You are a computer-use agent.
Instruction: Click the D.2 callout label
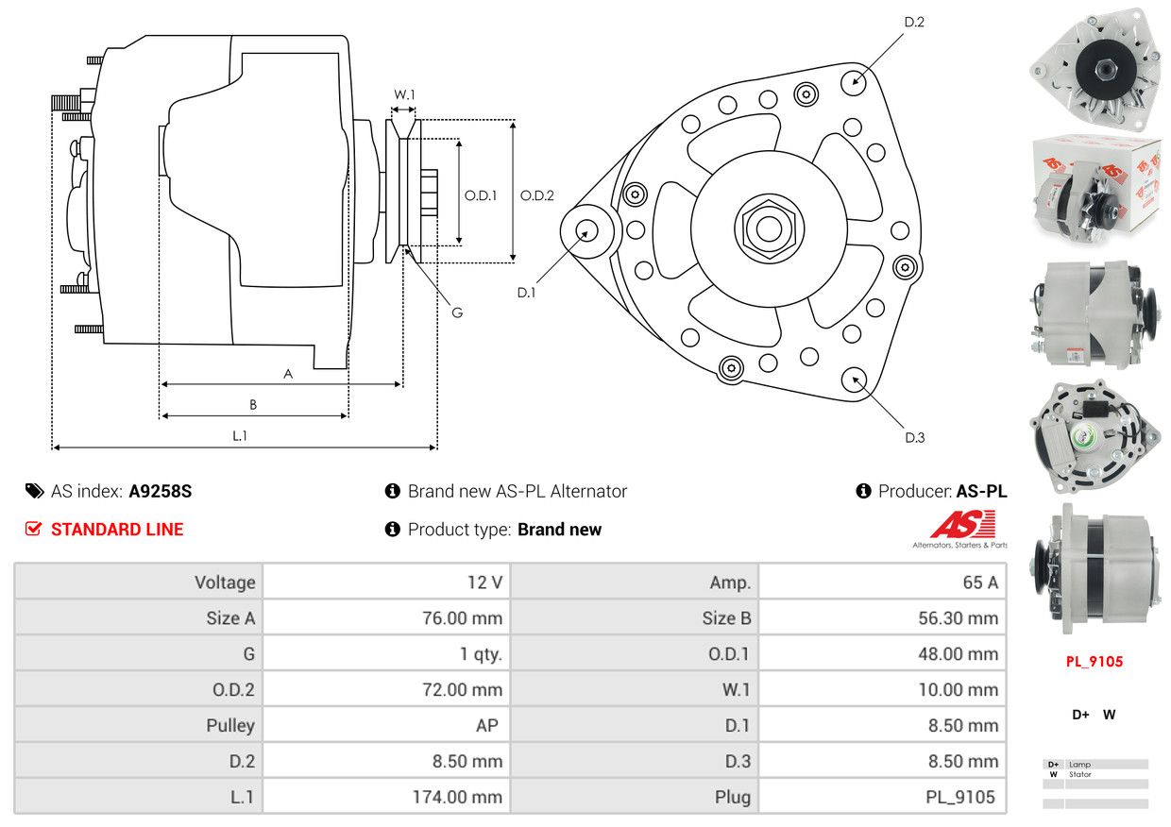(x=913, y=22)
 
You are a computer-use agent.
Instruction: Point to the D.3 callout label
(x=914, y=437)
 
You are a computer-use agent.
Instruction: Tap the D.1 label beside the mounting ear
(x=526, y=293)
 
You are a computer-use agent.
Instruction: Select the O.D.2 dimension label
(x=537, y=196)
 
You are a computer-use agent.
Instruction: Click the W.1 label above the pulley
(x=404, y=94)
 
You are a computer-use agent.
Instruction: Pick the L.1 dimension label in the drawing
(x=240, y=435)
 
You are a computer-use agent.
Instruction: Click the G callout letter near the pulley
(x=457, y=312)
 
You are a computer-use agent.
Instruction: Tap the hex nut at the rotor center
(x=769, y=228)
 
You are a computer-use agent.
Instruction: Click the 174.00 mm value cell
(x=457, y=797)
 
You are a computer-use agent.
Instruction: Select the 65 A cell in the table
(x=979, y=582)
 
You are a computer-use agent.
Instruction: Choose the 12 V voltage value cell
(x=484, y=582)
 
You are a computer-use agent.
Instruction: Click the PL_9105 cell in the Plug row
(x=959, y=797)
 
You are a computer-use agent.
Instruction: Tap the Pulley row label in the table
(x=230, y=725)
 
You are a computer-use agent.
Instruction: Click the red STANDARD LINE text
(x=117, y=530)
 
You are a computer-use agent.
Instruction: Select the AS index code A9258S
(x=161, y=491)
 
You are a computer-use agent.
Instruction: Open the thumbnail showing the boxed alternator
(x=1095, y=184)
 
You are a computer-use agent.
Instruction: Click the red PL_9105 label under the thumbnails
(x=1095, y=662)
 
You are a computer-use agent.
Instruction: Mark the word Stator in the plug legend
(x=1080, y=774)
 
